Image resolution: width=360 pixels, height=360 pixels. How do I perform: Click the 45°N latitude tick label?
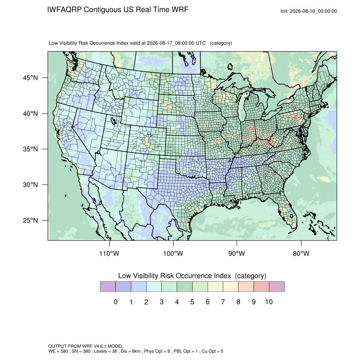[x=30, y=78]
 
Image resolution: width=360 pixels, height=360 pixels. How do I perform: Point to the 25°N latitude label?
[x=30, y=220]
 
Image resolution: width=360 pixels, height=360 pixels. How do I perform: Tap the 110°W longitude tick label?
[x=109, y=253]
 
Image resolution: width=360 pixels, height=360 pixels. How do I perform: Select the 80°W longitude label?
[x=301, y=253]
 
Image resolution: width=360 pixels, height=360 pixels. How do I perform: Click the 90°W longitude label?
[x=236, y=253]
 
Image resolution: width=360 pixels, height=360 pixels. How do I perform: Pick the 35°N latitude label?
[x=30, y=149]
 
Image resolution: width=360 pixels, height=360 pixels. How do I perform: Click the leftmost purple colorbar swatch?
[x=108, y=287]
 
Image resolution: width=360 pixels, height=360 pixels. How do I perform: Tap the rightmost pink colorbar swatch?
[x=277, y=287]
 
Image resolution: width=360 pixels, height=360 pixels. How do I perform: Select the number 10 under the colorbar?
[x=269, y=302]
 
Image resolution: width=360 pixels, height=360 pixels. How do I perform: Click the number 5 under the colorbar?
[x=192, y=302]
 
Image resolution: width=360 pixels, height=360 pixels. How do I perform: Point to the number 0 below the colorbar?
[x=116, y=302]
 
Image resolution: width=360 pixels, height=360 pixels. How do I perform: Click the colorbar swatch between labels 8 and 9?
[x=246, y=287]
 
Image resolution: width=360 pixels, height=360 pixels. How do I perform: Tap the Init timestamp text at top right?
[x=309, y=11]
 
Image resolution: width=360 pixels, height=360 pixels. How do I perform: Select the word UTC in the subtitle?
[x=200, y=43]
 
